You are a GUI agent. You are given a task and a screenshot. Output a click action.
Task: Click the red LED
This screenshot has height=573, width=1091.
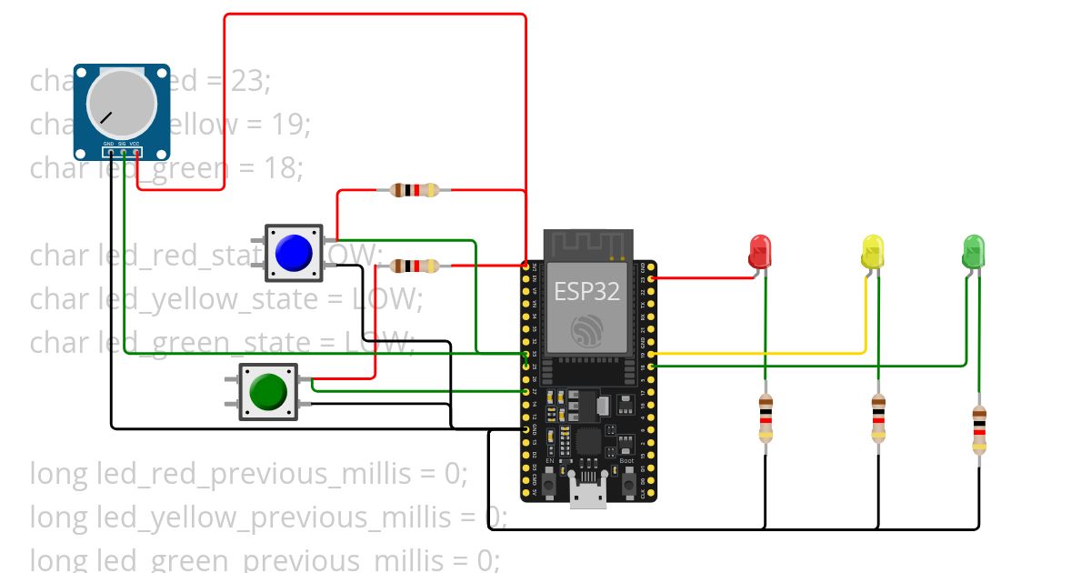pyautogui.click(x=760, y=251)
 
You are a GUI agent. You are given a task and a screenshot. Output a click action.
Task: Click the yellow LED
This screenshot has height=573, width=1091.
pyautogui.click(x=872, y=251)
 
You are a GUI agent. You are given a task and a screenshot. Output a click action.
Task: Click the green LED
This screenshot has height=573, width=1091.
pyautogui.click(x=973, y=250)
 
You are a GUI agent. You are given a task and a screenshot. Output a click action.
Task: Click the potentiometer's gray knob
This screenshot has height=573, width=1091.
pyautogui.click(x=121, y=103)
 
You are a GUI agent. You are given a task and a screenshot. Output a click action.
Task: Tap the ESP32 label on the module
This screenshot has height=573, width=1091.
pyautogui.click(x=586, y=291)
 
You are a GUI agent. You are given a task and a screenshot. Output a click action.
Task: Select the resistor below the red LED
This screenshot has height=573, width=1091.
pyautogui.click(x=766, y=418)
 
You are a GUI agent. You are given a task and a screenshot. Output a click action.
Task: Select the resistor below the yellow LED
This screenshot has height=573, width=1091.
pyautogui.click(x=877, y=418)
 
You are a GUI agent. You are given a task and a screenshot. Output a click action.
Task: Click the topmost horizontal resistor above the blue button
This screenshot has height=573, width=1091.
pyautogui.click(x=414, y=190)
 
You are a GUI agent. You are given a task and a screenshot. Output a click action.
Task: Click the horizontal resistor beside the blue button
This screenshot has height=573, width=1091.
pyautogui.click(x=414, y=266)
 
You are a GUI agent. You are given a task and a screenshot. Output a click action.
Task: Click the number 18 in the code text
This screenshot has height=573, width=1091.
pyautogui.click(x=281, y=168)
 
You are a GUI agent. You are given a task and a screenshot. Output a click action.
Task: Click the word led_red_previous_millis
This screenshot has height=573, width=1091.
pyautogui.click(x=247, y=474)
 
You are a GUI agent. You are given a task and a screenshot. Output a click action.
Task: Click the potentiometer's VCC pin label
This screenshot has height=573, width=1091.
pyautogui.click(x=135, y=145)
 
